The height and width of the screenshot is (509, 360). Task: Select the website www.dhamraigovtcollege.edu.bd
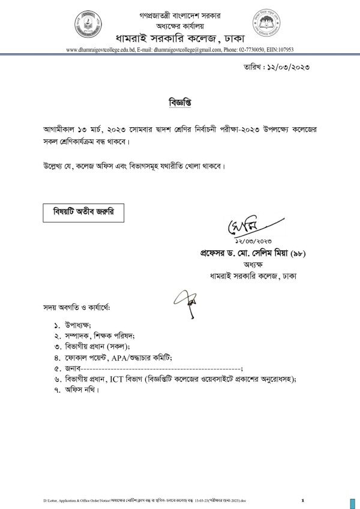click(97, 50)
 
